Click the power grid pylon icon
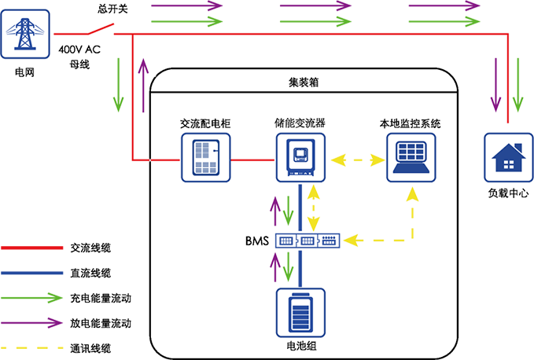tap(25, 34)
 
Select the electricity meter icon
tap(206, 158)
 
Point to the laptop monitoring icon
tap(411, 158)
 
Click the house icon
tap(507, 158)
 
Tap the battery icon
tap(300, 313)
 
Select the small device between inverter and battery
tap(308, 241)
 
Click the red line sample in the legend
tap(32, 248)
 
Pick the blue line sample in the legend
tap(32, 273)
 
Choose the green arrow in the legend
tap(32, 298)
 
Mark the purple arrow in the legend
tap(32, 322)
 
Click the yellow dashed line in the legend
tap(32, 347)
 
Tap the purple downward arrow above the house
tap(495, 84)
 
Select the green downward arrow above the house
tap(517, 84)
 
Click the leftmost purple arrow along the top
tap(187, 6)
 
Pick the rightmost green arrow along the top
tap(444, 20)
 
